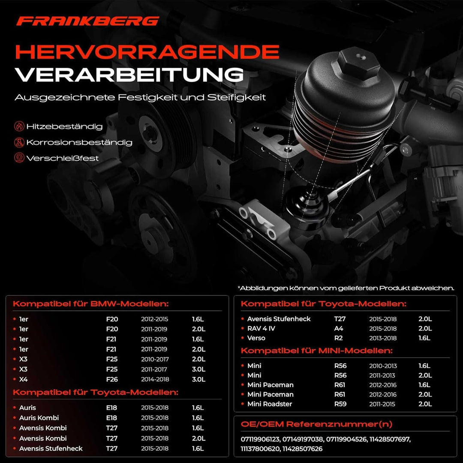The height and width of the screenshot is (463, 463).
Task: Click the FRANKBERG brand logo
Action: [87, 21]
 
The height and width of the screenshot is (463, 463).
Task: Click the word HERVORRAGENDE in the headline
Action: [147, 52]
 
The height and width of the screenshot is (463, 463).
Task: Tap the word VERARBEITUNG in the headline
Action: [129, 75]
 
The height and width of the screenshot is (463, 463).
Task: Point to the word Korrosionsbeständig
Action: [79, 142]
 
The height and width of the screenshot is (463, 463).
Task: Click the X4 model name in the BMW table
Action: [23, 379]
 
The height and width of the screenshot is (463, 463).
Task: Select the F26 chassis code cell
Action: [112, 379]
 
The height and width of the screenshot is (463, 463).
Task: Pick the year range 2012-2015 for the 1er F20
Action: [155, 319]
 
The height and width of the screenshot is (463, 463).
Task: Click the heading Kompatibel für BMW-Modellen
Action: [91, 304]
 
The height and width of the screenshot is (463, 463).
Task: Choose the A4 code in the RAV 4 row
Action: [339, 328]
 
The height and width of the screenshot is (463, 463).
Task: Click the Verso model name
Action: [256, 338]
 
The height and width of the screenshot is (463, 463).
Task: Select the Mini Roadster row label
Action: [270, 404]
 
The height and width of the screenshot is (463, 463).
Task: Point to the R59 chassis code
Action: [340, 404]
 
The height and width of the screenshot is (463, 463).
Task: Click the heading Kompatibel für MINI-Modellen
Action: [316, 351]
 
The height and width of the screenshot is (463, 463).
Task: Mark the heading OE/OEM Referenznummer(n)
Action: [316, 424]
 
